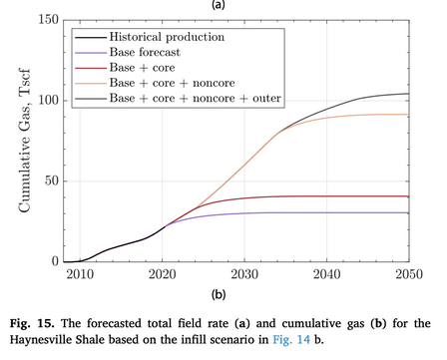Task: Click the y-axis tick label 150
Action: pyautogui.click(x=49, y=20)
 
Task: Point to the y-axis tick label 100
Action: pyautogui.click(x=49, y=100)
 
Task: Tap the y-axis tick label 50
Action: pyautogui.click(x=52, y=180)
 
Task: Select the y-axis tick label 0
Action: pyautogui.click(x=56, y=261)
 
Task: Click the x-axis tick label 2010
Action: pyautogui.click(x=80, y=274)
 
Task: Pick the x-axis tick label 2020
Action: pyautogui.click(x=163, y=274)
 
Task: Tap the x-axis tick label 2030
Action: pyautogui.click(x=244, y=274)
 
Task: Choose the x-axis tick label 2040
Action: pyautogui.click(x=327, y=274)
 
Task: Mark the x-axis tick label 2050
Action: pyautogui.click(x=409, y=274)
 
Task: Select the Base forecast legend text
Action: pyautogui.click(x=145, y=52)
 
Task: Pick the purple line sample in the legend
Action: pyautogui.click(x=91, y=53)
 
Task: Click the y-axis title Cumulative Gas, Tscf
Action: pyautogui.click(x=25, y=141)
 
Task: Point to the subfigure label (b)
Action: pyautogui.click(x=219, y=294)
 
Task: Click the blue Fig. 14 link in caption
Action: pyautogui.click(x=291, y=339)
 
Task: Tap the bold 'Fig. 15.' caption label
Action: pyautogui.click(x=32, y=323)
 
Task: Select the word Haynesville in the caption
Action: pyautogui.click(x=38, y=339)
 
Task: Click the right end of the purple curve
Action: pyautogui.click(x=409, y=212)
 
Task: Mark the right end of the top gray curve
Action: pyautogui.click(x=409, y=94)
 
